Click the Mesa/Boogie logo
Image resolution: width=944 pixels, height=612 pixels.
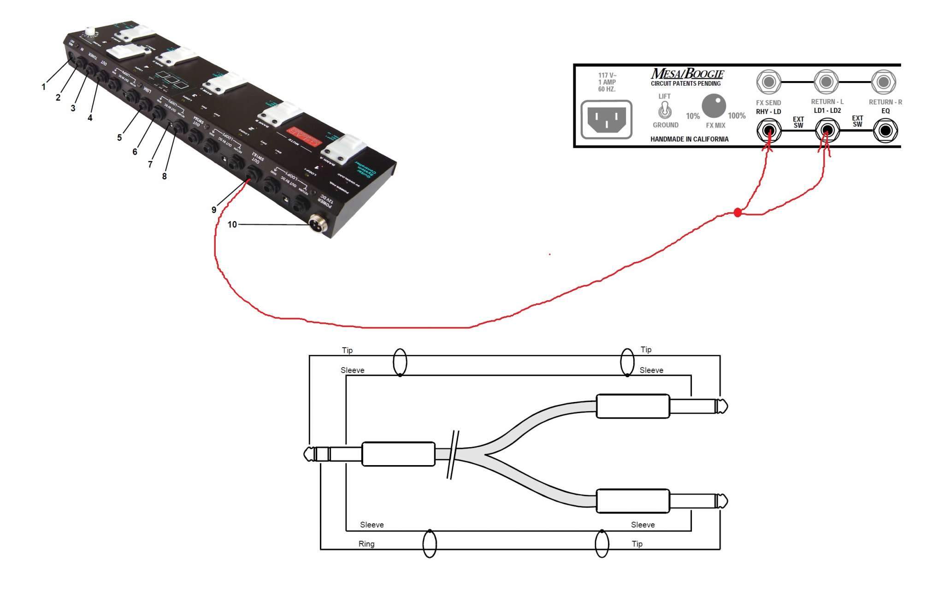(x=687, y=74)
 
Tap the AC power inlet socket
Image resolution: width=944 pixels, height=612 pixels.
(x=606, y=119)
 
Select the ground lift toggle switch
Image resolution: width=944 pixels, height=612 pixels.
(x=665, y=110)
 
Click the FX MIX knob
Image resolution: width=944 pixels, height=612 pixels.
(x=714, y=106)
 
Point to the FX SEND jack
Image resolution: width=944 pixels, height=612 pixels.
(x=768, y=82)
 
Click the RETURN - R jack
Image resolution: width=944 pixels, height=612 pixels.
(x=883, y=82)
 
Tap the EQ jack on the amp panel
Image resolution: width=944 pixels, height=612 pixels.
(x=885, y=131)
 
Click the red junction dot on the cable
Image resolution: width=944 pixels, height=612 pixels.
(x=737, y=213)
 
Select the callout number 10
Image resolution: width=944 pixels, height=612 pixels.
(x=232, y=225)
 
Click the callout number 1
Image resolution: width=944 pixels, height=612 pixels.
(x=44, y=87)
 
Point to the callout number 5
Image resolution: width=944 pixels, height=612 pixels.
(x=119, y=137)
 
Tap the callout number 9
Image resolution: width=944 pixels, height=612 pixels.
(x=214, y=210)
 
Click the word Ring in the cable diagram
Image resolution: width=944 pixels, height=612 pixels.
(x=366, y=544)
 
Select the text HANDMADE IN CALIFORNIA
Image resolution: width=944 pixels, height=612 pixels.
(x=690, y=139)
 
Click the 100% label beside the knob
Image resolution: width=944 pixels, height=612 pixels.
(x=737, y=116)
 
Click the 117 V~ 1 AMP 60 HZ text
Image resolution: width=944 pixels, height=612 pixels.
(x=607, y=82)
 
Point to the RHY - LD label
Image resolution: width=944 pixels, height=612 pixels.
(x=768, y=111)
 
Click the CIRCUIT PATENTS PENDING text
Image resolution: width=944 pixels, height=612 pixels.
(x=685, y=84)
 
